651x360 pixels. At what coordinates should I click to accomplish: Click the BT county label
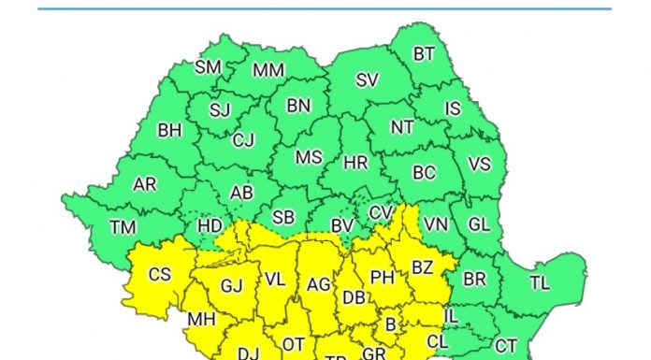pos(424,54)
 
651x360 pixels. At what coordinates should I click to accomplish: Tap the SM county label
pos(208,67)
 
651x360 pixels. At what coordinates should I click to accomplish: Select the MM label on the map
pos(268,71)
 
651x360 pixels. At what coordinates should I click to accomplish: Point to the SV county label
pos(367,80)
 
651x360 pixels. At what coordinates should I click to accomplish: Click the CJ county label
pos(243,141)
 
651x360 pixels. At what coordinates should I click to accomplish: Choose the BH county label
pos(169,131)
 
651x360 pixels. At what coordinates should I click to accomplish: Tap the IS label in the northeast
pos(453,108)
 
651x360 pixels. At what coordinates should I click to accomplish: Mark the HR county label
pos(355,163)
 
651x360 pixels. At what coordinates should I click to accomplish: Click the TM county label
pos(123,227)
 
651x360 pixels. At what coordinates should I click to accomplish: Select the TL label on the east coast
pos(540,282)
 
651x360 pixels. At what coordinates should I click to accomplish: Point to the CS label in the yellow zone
pos(160,275)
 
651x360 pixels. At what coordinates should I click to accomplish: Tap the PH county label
pos(382,277)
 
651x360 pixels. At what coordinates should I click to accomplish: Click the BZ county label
pos(423,268)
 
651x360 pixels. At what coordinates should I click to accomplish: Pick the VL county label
pos(275,279)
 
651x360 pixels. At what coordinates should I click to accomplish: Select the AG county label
pos(319,284)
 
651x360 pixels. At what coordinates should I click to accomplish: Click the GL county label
pos(478,224)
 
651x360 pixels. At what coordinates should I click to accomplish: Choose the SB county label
pos(283,217)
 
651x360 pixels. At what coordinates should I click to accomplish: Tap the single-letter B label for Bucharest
pos(391,324)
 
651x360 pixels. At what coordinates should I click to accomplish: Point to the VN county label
pos(435,224)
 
